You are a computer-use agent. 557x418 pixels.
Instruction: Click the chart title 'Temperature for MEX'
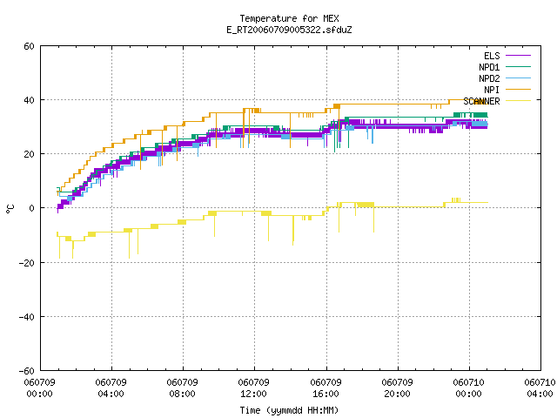coord(289,18)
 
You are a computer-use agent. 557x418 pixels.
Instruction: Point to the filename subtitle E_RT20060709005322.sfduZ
coord(289,30)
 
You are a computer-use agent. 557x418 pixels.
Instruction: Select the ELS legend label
coord(492,56)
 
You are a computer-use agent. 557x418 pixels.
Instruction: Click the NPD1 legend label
coord(489,67)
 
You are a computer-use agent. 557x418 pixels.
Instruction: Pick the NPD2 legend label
coord(489,78)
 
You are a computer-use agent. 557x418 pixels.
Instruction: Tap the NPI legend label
coord(492,90)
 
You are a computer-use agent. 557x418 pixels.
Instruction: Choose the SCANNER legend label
coord(481,101)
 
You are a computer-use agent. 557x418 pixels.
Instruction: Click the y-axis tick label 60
coord(29,46)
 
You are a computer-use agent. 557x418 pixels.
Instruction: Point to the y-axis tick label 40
coord(29,100)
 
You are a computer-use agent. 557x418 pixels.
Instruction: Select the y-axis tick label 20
coord(29,154)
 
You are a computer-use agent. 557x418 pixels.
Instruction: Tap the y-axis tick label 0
coord(32,208)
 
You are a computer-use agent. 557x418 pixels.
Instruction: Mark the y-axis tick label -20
coord(27,263)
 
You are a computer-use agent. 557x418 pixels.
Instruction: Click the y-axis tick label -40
coord(27,317)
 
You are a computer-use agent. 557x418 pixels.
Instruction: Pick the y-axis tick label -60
coord(27,371)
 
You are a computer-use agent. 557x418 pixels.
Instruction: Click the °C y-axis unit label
coord(10,209)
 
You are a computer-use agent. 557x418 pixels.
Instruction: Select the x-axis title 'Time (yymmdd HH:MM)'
coord(289,410)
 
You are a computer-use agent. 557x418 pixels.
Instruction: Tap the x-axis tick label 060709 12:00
coord(253,388)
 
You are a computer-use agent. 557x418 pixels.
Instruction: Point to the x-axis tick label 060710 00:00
coord(468,388)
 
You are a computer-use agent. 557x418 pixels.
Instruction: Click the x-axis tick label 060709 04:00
coord(111,388)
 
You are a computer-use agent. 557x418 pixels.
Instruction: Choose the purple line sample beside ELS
coord(519,56)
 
